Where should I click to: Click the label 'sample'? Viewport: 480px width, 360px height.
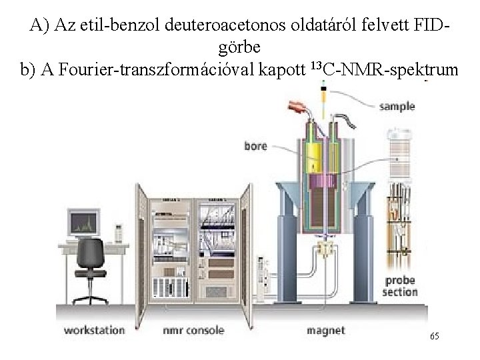[397, 106]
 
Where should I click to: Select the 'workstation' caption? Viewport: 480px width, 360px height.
[94, 330]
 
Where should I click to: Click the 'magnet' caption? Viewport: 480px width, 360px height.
[325, 330]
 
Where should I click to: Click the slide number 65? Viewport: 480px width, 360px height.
[434, 337]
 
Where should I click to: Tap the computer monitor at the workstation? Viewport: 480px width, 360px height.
[83, 223]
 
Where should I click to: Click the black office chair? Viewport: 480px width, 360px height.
[91, 267]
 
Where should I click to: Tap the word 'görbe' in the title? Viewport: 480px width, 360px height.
[239, 48]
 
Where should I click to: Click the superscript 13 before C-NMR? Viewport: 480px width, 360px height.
[317, 68]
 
